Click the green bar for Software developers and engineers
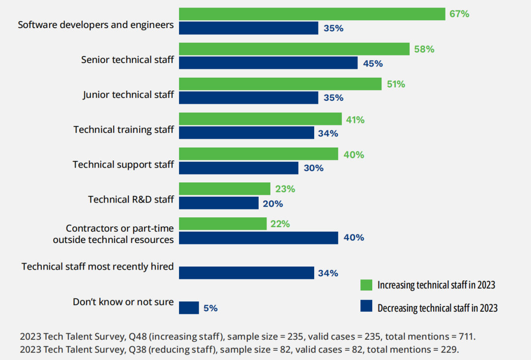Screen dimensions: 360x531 point(312,14)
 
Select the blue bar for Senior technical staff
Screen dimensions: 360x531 point(268,63)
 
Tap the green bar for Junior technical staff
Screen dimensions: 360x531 point(280,84)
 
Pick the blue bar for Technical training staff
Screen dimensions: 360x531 point(246,133)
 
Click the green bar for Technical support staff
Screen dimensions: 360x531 point(258,154)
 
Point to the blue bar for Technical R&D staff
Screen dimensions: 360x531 point(218,203)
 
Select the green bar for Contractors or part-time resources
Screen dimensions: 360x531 point(222,224)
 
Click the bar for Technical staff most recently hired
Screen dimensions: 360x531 point(246,273)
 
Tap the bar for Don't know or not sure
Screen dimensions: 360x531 point(189,308)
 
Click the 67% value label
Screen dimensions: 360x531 point(459,14)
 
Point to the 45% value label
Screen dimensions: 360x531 point(373,63)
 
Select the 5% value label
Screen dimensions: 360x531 point(210,308)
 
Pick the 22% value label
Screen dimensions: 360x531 point(280,224)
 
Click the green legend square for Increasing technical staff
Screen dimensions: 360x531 point(366,285)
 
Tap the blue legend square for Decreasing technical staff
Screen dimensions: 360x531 point(366,307)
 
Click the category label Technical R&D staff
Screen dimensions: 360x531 point(131,199)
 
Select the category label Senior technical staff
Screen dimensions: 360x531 point(127,60)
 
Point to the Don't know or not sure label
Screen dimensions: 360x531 point(123,301)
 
